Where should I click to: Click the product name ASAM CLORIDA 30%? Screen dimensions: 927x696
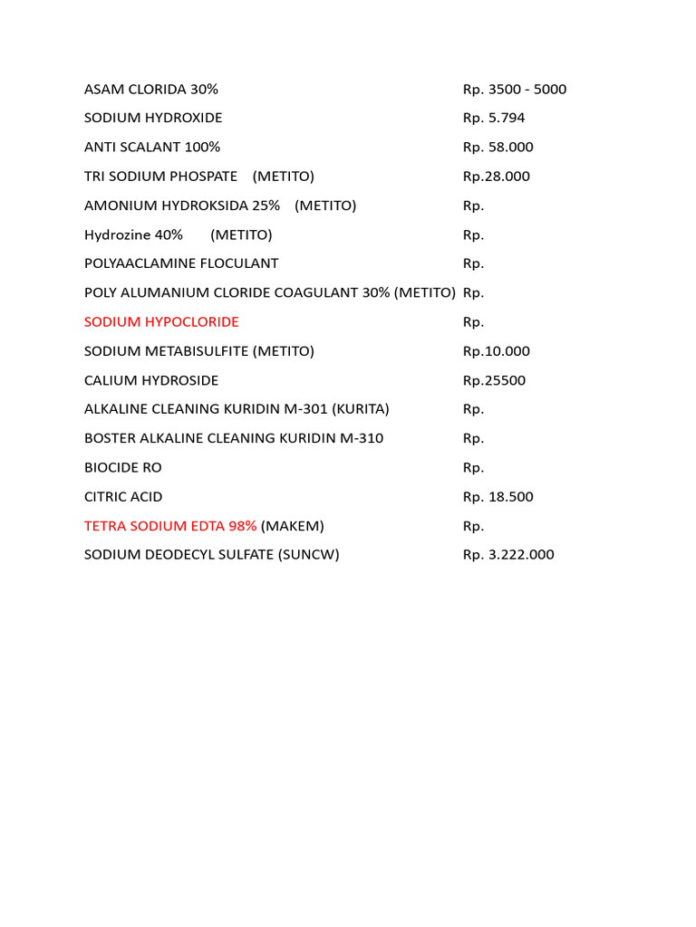tap(151, 90)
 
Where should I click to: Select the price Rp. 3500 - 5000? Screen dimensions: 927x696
tap(515, 90)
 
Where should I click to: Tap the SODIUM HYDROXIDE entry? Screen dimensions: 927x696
tap(153, 119)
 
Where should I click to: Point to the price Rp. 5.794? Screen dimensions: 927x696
tap(494, 119)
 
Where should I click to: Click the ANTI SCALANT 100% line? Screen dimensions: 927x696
tap(152, 148)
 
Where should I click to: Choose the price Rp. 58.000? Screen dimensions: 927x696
tap(498, 148)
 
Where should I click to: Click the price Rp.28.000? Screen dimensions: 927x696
tap(497, 177)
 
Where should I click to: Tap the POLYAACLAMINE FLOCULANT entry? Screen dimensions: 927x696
tap(181, 263)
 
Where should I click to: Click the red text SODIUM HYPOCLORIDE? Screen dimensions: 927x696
tap(161, 322)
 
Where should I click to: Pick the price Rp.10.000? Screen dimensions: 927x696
tap(497, 351)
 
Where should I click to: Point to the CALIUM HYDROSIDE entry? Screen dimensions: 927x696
tap(151, 380)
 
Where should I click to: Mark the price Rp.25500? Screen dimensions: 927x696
tap(494, 380)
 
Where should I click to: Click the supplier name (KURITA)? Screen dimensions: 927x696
tap(361, 409)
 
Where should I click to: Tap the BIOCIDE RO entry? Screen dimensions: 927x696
tap(123, 468)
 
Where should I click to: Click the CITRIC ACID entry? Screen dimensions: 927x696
tap(123, 497)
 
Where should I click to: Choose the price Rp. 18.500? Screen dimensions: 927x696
tap(498, 497)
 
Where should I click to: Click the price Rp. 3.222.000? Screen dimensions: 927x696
tap(508, 555)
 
